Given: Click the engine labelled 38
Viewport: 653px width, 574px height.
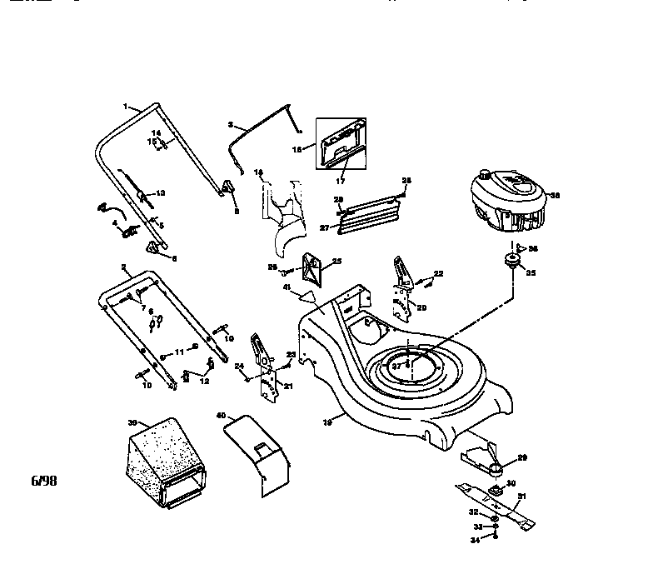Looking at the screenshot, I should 506,202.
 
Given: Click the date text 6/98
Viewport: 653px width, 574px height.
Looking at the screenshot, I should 45,482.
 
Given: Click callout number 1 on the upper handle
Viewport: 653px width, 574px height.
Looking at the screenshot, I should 126,107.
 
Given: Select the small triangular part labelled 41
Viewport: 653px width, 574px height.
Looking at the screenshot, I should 308,292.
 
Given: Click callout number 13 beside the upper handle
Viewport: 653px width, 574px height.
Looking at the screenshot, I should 161,193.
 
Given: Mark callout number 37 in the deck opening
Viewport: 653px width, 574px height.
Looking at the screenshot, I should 397,366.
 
